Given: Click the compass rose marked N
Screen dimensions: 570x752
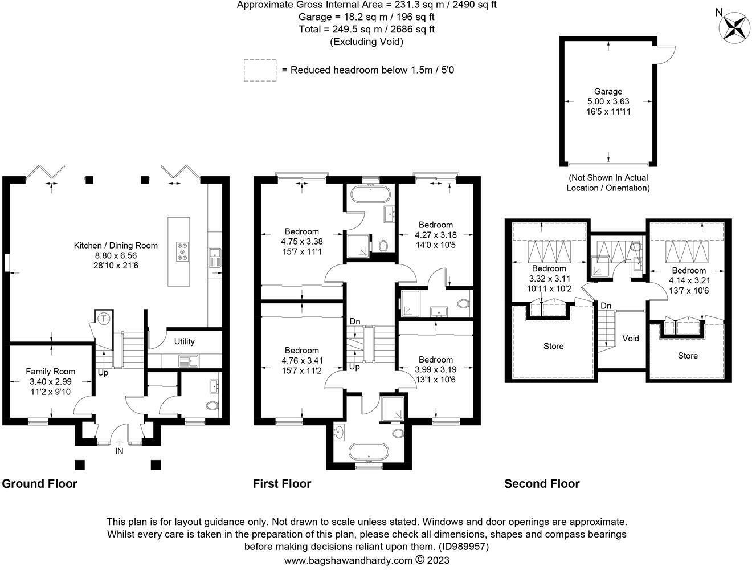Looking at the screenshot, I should [x=733, y=26].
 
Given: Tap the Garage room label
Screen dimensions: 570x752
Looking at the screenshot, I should [x=608, y=91].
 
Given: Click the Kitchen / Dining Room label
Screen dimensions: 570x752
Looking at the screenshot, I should [x=116, y=246].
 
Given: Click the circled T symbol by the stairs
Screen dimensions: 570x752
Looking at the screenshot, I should [x=104, y=319].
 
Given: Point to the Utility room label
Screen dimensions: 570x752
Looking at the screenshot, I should [x=184, y=341].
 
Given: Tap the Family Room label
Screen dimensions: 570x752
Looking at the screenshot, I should [x=51, y=371].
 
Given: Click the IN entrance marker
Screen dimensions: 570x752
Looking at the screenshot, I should [x=119, y=451].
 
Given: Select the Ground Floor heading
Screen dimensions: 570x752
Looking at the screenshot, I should [x=39, y=484].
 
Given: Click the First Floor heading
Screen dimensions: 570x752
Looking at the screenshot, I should [x=282, y=484].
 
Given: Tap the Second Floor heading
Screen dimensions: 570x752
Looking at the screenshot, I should [x=542, y=484].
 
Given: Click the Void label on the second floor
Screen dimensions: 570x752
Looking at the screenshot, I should [x=631, y=338].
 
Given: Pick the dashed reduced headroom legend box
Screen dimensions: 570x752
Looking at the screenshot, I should [x=260, y=70].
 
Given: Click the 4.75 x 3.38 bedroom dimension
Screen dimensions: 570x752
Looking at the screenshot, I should [x=302, y=241].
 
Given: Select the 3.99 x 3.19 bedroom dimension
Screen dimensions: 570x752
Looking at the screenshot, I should [x=436, y=369].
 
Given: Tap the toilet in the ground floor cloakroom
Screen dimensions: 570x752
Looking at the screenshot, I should [x=212, y=406].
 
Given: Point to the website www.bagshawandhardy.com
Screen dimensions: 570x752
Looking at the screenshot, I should [x=348, y=560].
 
